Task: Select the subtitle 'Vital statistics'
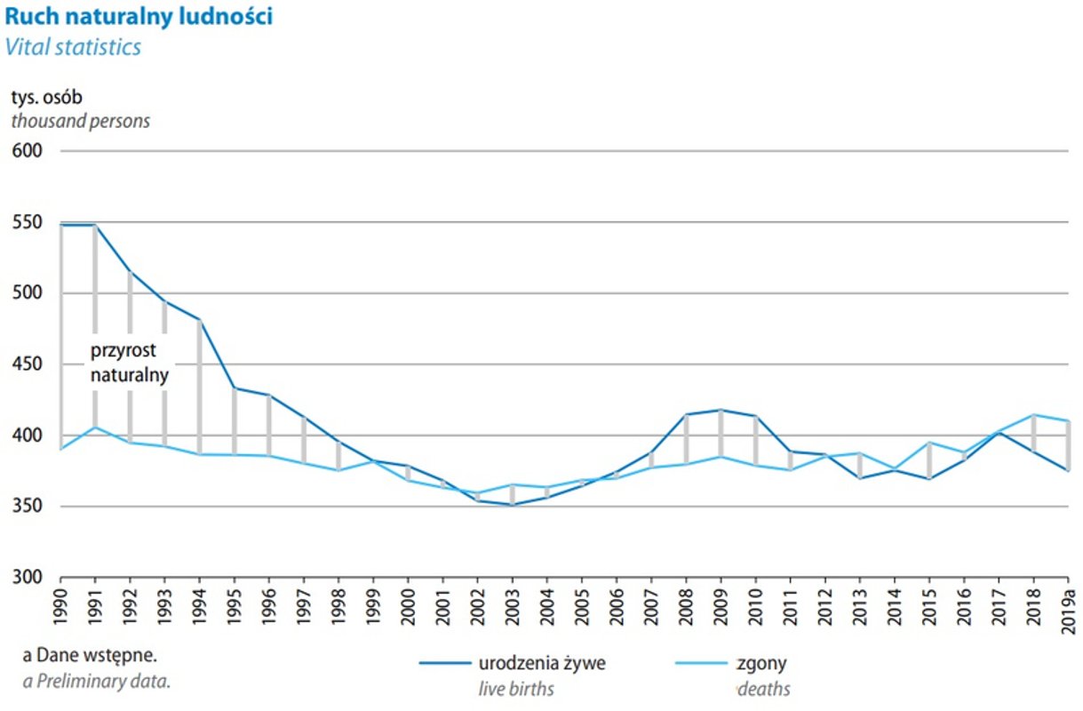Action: click(73, 47)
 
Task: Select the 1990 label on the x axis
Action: click(61, 605)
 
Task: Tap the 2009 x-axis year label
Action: click(720, 605)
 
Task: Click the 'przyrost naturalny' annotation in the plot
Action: click(129, 363)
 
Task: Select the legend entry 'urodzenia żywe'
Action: click(542, 663)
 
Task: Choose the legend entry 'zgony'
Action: click(761, 663)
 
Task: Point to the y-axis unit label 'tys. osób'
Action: click(46, 97)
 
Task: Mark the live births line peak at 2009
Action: click(720, 410)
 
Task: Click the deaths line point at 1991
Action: click(95, 427)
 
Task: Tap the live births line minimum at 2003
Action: click(512, 505)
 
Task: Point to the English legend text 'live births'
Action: click(516, 689)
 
